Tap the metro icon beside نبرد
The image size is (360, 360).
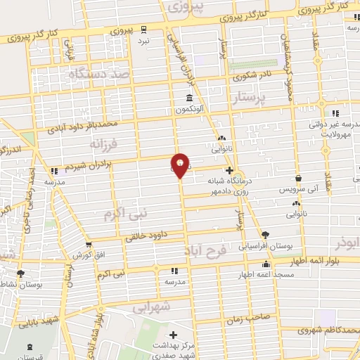pos(144,29)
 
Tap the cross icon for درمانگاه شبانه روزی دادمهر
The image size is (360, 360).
pos(230,170)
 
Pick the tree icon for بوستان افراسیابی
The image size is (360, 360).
pos(265,235)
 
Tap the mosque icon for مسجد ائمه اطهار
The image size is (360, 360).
pos(265,265)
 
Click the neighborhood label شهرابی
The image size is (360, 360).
pos(152,307)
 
